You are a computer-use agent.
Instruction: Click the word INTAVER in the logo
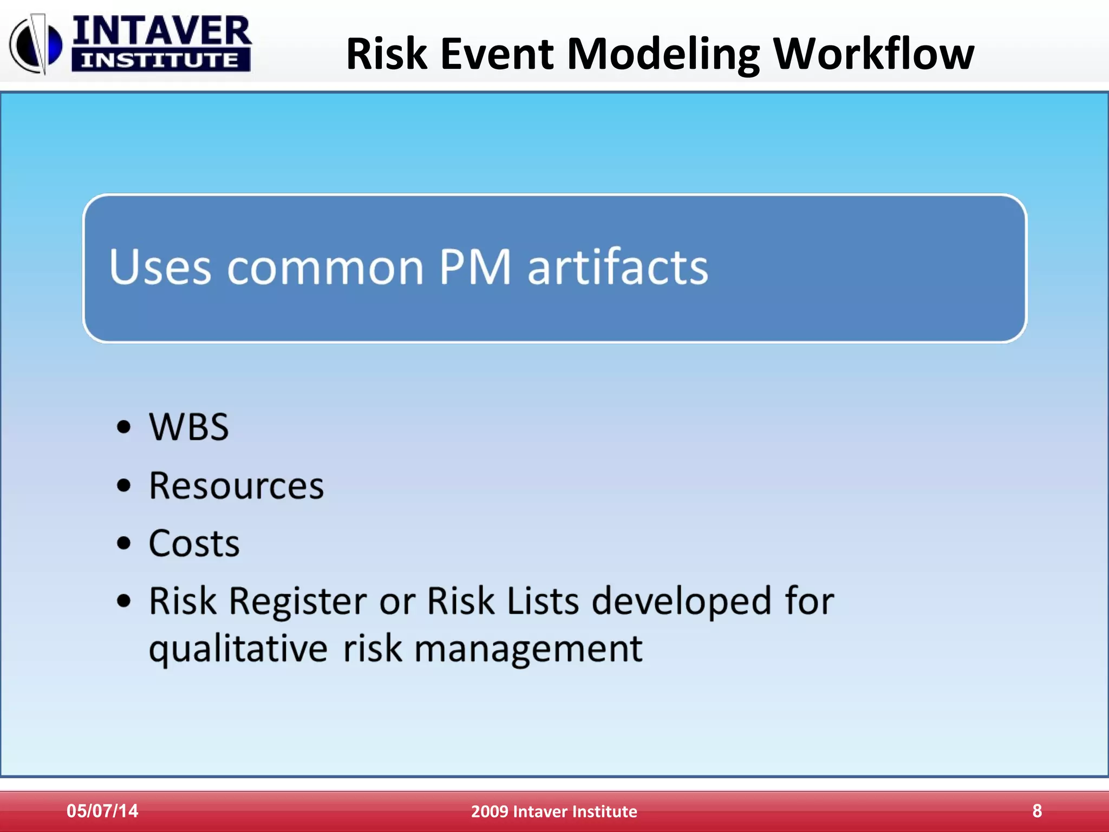161,31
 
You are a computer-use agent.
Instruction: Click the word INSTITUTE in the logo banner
160,60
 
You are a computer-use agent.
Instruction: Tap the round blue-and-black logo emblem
36,45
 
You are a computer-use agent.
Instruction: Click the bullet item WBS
188,427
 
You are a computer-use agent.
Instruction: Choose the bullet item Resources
236,485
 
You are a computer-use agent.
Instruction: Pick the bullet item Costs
194,543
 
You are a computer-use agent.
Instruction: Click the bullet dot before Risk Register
124,601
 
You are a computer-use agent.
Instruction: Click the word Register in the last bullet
298,601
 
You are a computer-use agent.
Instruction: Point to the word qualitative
238,649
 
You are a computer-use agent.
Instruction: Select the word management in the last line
528,649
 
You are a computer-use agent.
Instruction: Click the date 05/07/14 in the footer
102,811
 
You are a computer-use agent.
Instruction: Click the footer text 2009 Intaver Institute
554,811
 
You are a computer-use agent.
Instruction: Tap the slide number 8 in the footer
1037,811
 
